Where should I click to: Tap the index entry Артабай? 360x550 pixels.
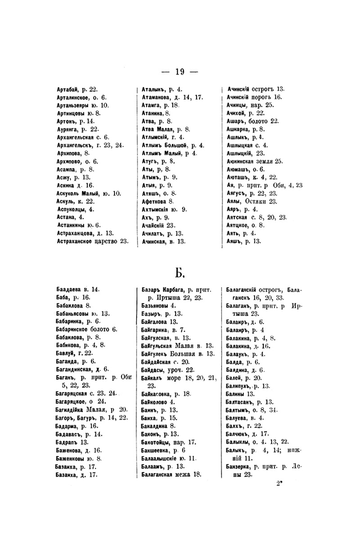[69, 89]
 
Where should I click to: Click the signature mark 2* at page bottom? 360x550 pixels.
[278, 483]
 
